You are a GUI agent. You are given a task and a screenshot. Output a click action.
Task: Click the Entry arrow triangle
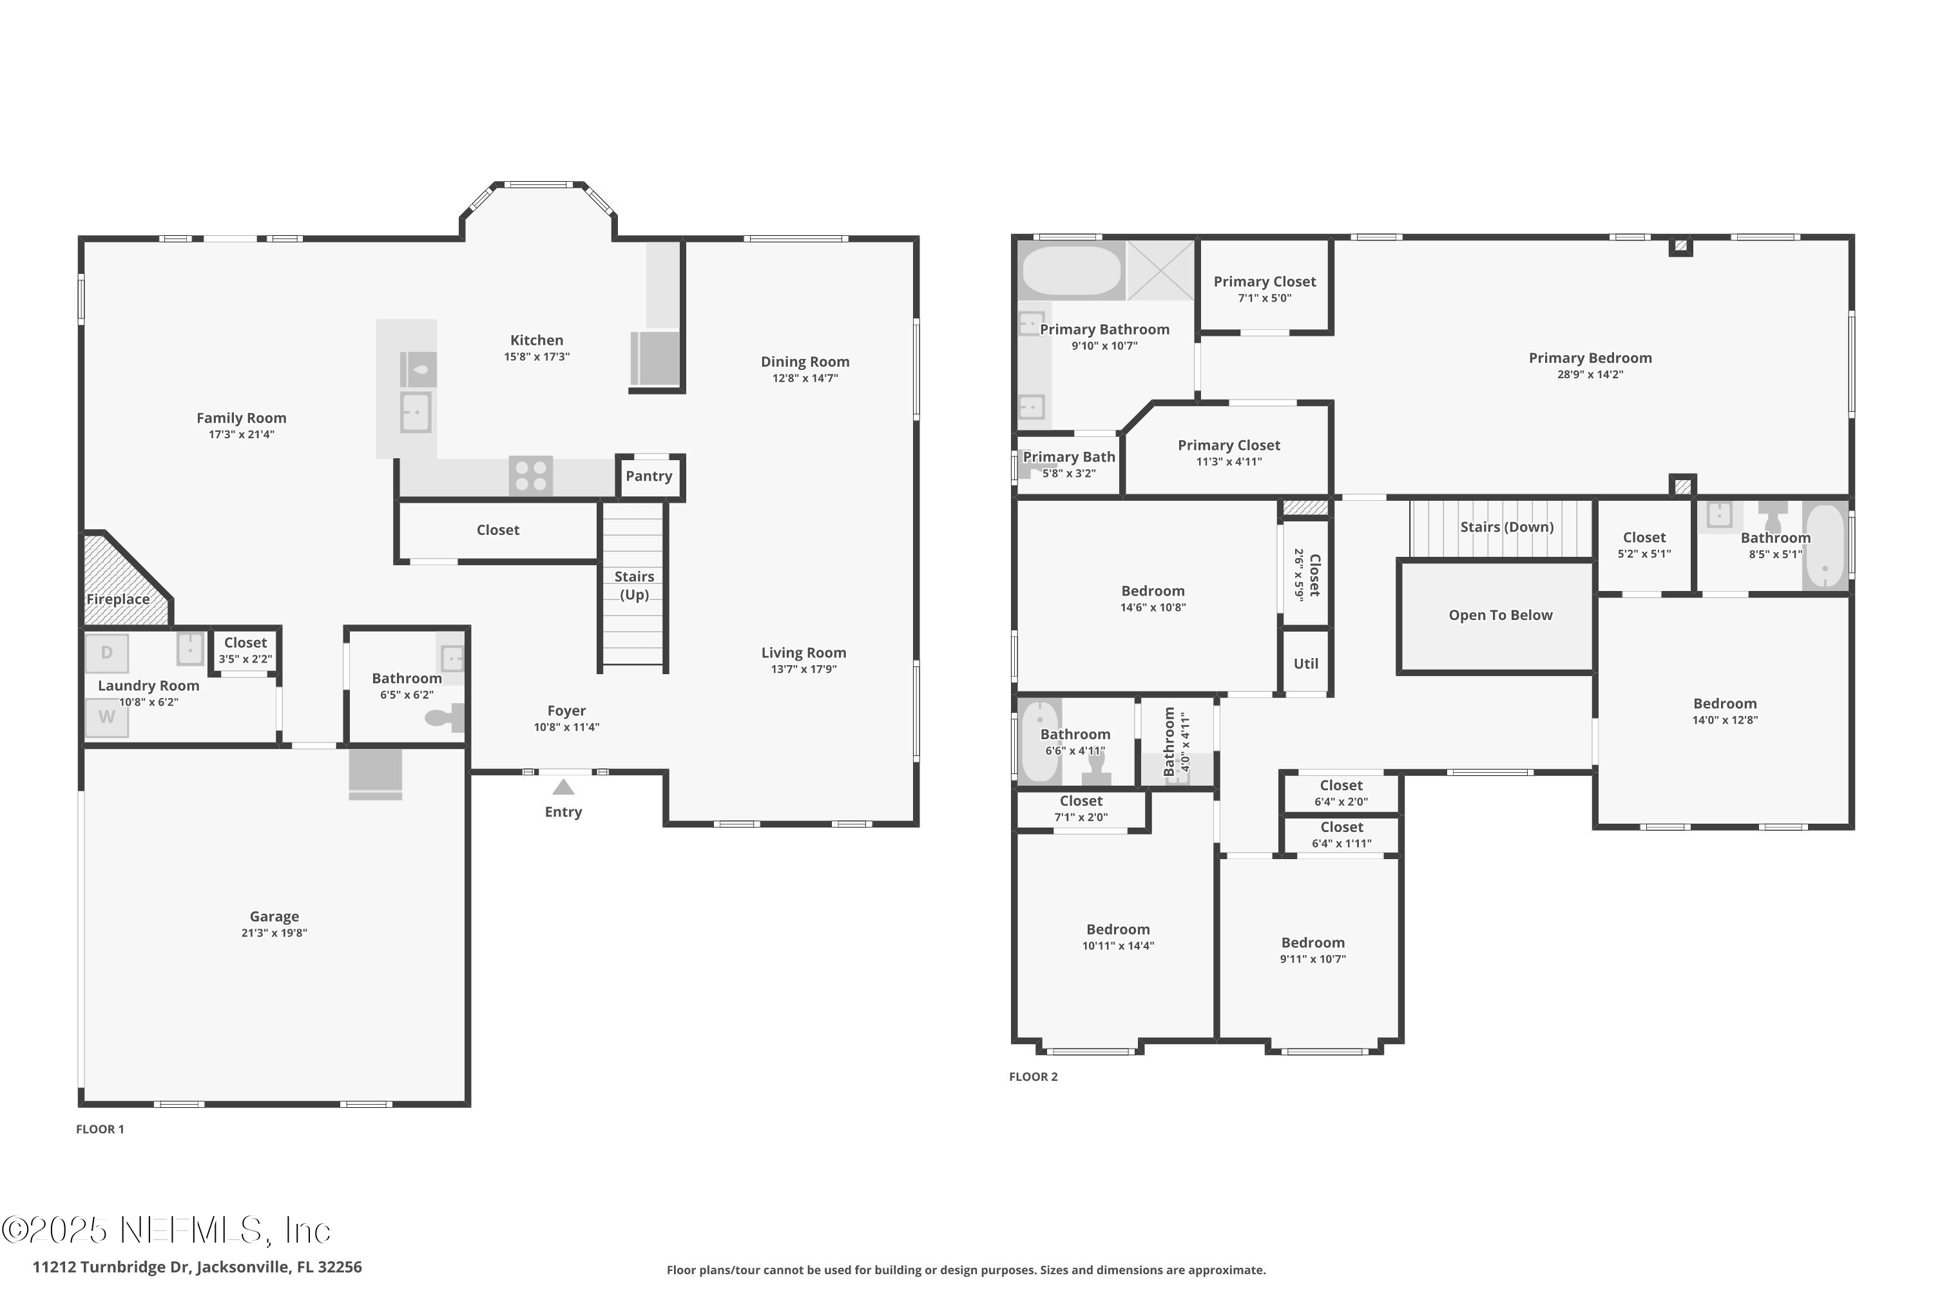click(x=563, y=788)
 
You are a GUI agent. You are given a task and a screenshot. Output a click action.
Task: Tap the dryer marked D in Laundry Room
click(x=107, y=654)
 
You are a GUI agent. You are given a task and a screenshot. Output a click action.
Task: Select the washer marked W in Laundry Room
click(x=107, y=717)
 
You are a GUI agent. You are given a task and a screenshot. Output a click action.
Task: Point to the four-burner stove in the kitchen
click(x=530, y=476)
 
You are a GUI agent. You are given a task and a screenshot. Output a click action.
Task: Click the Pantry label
click(x=648, y=476)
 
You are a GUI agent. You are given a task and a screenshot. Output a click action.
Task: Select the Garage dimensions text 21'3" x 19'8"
click(x=274, y=933)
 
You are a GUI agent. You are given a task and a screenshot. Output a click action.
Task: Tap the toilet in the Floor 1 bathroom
click(x=445, y=718)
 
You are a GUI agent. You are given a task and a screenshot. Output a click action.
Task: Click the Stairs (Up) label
click(x=633, y=585)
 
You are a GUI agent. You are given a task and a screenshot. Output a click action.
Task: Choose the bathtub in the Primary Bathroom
click(x=1071, y=271)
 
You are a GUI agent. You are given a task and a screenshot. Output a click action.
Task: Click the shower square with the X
click(x=1160, y=271)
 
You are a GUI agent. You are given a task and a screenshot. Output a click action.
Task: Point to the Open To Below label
click(x=1500, y=615)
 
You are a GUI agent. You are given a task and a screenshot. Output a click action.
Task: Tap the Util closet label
click(x=1305, y=663)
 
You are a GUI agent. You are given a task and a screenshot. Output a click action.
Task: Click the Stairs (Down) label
click(x=1506, y=527)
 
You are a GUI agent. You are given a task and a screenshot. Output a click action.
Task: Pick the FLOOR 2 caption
click(x=1033, y=1077)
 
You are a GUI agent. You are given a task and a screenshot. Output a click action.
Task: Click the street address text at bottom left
click(x=197, y=1267)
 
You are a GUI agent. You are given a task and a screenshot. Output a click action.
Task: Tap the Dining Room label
click(x=805, y=362)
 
